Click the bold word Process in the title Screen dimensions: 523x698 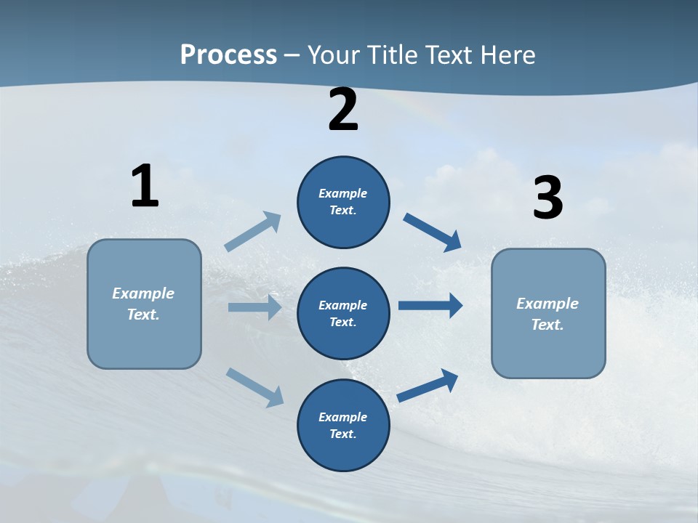[228, 54]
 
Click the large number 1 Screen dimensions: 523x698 [144, 187]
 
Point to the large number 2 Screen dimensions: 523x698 [343, 110]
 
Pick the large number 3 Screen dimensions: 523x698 [547, 198]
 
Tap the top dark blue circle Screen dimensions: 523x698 [343, 202]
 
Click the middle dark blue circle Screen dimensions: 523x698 [343, 313]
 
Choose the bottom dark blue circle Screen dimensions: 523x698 [343, 425]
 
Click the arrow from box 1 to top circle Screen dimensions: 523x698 [253, 232]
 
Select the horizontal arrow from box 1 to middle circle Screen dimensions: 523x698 [254, 307]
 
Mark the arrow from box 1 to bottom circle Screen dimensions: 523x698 [254, 386]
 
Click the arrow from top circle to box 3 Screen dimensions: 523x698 [433, 232]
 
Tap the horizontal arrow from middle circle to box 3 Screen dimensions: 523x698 [430, 305]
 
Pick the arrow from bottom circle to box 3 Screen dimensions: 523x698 [428, 385]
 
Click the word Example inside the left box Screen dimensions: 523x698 [143, 293]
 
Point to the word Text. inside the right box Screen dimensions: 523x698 [547, 325]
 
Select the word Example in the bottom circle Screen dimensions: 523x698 [342, 417]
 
